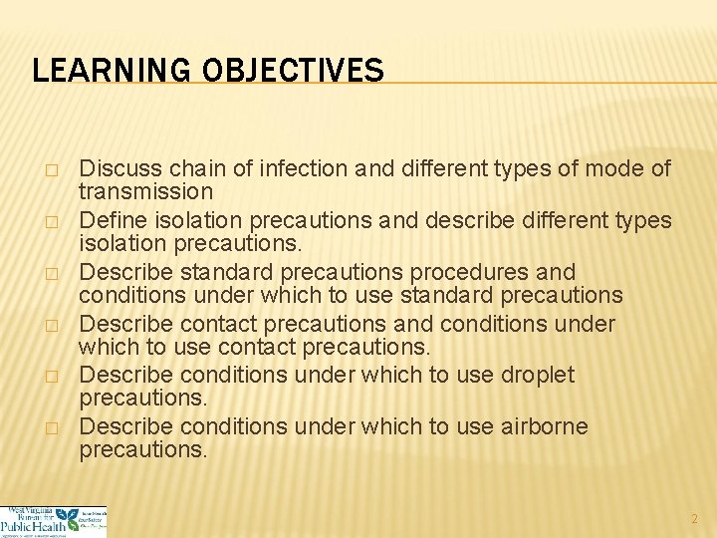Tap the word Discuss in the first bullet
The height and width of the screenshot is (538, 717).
[x=114, y=168]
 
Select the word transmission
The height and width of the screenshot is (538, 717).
[x=145, y=190]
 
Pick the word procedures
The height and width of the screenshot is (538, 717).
[x=478, y=272]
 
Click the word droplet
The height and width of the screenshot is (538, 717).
[x=539, y=376]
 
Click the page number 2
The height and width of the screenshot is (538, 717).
[x=695, y=519]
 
